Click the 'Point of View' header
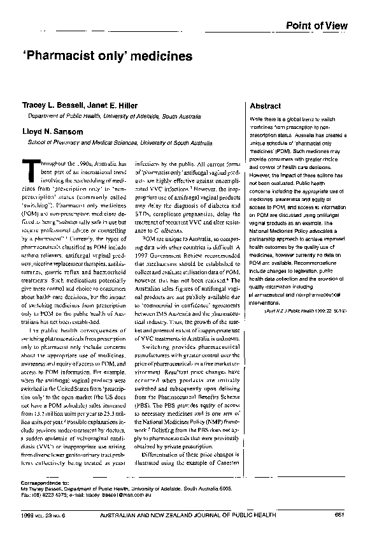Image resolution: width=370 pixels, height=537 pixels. point(317,26)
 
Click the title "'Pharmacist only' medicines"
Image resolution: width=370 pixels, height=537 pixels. point(108,56)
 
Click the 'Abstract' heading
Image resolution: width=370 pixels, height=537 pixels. point(266,106)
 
